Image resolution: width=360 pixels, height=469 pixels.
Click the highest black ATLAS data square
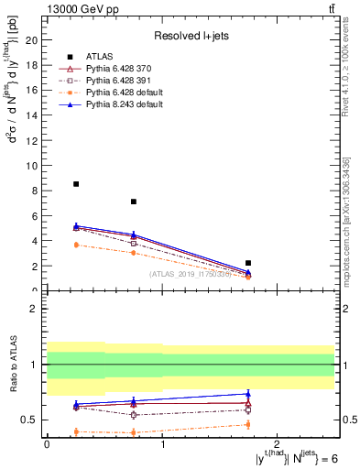[76, 184]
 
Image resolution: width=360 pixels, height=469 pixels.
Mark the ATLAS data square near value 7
[134, 202]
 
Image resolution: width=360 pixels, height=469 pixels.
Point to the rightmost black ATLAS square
[248, 263]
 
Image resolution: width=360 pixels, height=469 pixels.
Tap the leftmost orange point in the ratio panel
[76, 431]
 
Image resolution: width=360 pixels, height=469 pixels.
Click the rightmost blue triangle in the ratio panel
[248, 394]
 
